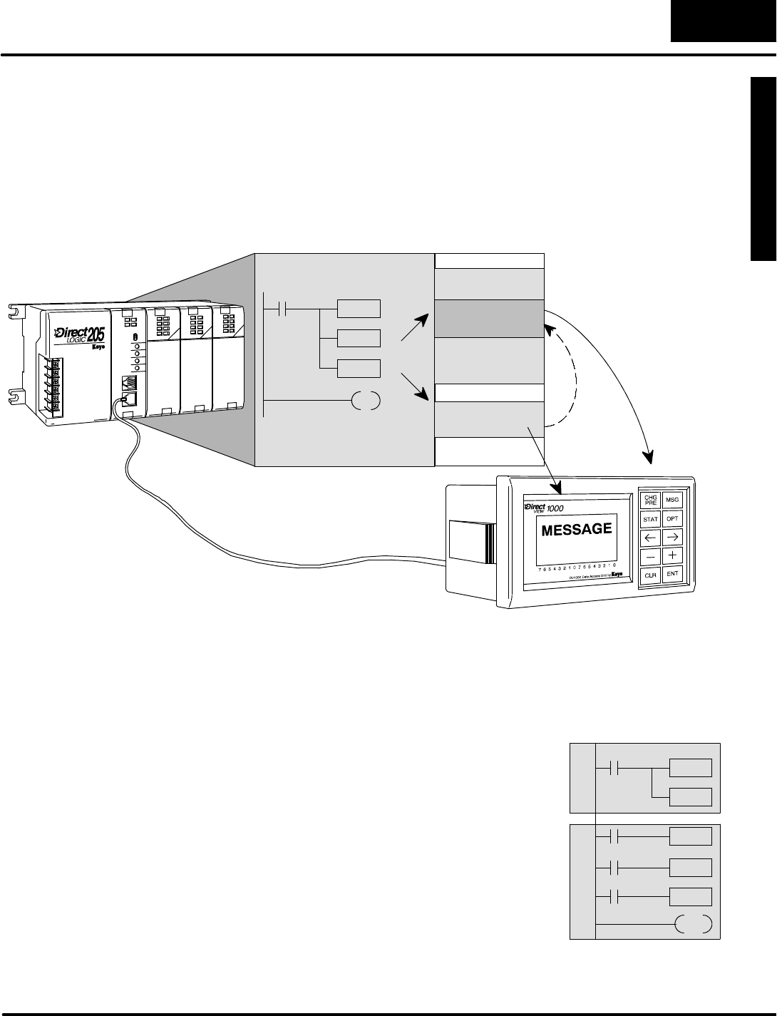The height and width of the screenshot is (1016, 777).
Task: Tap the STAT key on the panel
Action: (x=650, y=519)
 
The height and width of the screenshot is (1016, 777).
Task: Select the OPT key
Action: (x=672, y=519)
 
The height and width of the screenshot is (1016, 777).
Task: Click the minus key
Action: (x=650, y=555)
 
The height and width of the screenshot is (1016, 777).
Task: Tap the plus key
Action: (x=672, y=555)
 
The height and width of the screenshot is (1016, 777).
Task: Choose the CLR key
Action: (x=650, y=574)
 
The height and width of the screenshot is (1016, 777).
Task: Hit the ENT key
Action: (x=672, y=573)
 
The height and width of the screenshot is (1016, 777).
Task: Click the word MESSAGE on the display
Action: (x=577, y=530)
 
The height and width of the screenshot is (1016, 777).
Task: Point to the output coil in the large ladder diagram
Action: (x=366, y=401)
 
